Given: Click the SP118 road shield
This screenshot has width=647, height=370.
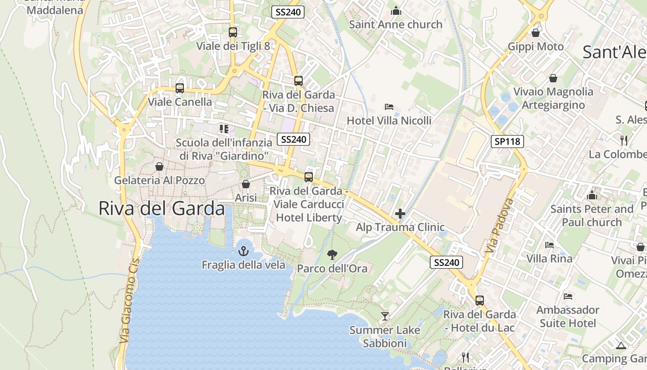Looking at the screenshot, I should pyautogui.click(x=507, y=142).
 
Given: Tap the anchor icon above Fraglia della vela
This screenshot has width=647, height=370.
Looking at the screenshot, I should pyautogui.click(x=243, y=251).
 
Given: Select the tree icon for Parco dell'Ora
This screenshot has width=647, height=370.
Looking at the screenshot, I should pyautogui.click(x=332, y=254).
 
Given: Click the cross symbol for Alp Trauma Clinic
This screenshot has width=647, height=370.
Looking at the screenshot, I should pyautogui.click(x=400, y=214).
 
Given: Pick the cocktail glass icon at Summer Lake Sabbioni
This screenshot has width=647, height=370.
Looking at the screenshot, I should pyautogui.click(x=385, y=316).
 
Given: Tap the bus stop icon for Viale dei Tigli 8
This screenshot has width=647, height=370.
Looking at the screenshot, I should pyautogui.click(x=233, y=32).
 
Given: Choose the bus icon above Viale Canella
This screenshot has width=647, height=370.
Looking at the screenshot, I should pyautogui.click(x=180, y=88).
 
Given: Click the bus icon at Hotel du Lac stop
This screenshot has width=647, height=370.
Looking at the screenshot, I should pyautogui.click(x=480, y=301).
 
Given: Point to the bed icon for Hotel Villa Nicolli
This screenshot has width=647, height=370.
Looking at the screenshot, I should pyautogui.click(x=389, y=107).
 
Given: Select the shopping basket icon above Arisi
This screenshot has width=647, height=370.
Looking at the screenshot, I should pyautogui.click(x=246, y=184).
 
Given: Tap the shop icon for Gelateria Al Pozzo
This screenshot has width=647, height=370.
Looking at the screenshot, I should pyautogui.click(x=159, y=166).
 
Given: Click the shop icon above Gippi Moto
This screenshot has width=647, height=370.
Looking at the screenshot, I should pyautogui.click(x=536, y=33).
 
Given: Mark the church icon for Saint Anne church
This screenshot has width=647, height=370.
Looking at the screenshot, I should pyautogui.click(x=396, y=11).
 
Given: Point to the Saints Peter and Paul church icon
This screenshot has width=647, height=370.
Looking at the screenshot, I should pyautogui.click(x=592, y=195).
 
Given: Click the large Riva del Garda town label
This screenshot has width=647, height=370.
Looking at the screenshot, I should pyautogui.click(x=161, y=209).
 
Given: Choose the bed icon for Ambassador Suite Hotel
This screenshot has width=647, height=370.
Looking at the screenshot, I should pyautogui.click(x=568, y=296).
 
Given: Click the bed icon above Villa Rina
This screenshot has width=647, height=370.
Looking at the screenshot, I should pyautogui.click(x=549, y=245).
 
